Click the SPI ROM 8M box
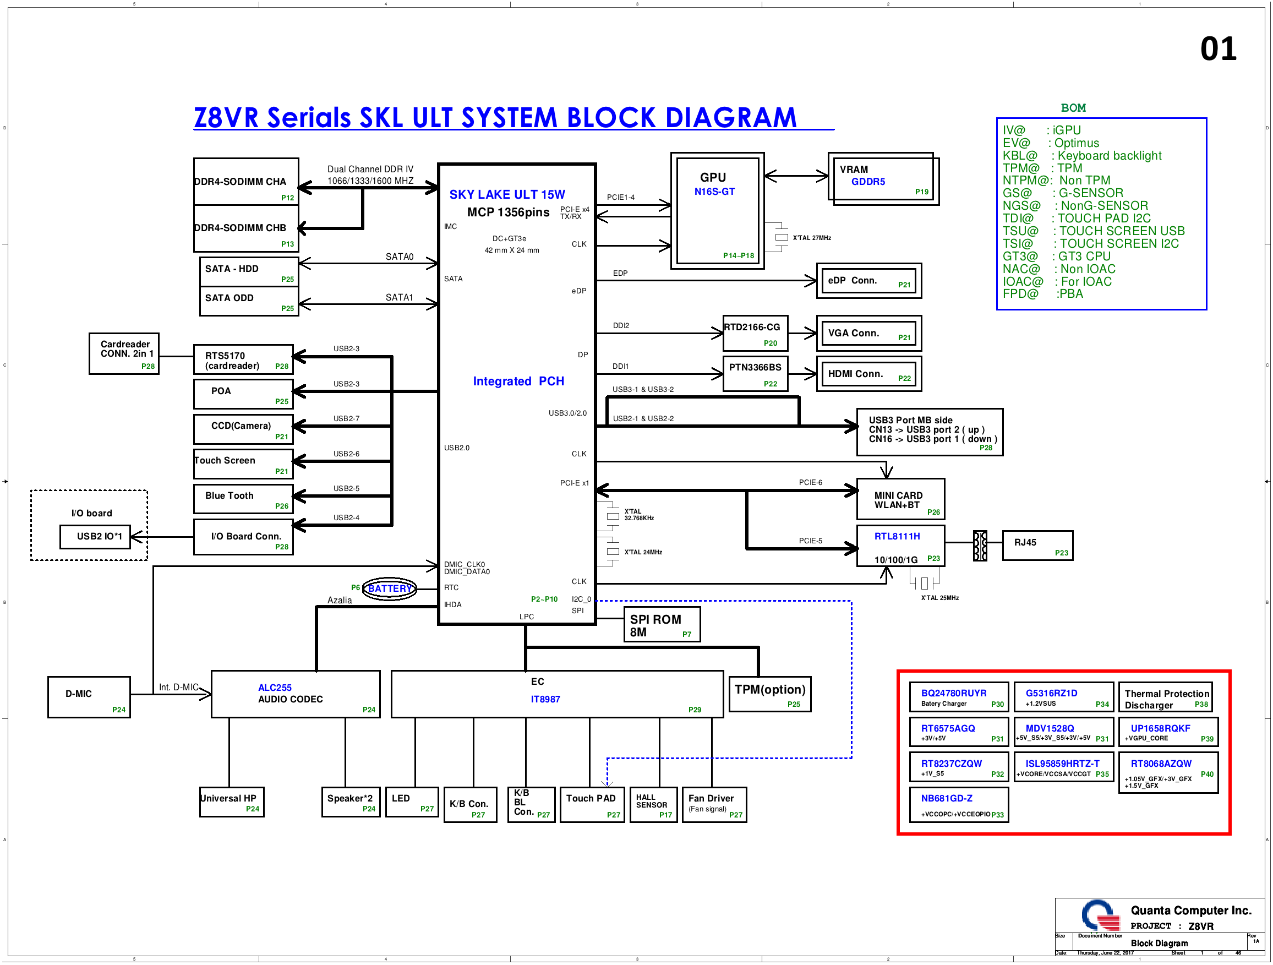(x=662, y=624)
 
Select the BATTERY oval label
(x=390, y=588)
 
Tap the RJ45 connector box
(x=1037, y=546)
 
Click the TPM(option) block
(x=770, y=694)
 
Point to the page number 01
(x=1218, y=49)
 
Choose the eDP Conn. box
(x=869, y=281)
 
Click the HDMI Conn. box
(x=869, y=374)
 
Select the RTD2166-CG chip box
(x=755, y=334)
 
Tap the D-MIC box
(x=89, y=697)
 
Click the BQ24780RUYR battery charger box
(x=959, y=697)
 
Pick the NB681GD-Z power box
(x=959, y=804)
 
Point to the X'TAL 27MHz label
(x=811, y=238)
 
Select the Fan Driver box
(x=714, y=804)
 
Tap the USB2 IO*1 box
(x=96, y=537)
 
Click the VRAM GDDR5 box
(x=883, y=179)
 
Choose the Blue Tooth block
(x=243, y=499)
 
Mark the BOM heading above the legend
(x=1073, y=108)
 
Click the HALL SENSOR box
(x=653, y=804)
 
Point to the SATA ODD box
(x=249, y=301)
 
